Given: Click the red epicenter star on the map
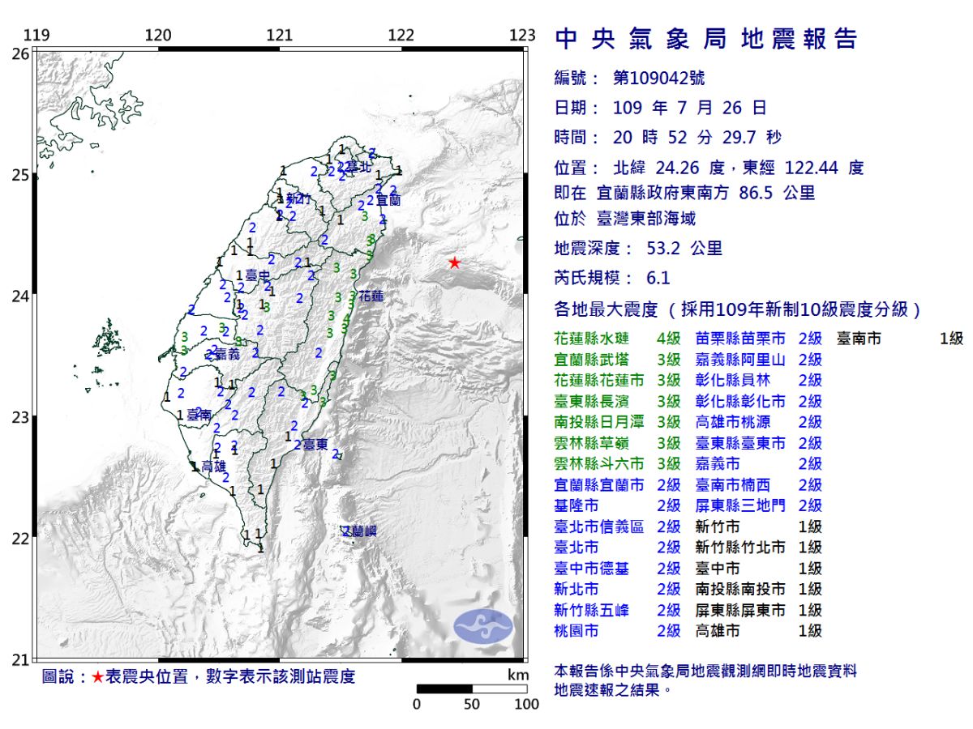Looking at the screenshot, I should [x=455, y=262].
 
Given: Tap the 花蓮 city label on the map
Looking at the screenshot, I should [x=371, y=296].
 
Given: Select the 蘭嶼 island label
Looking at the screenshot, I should [x=360, y=531].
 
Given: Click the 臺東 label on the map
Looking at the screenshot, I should [x=316, y=445].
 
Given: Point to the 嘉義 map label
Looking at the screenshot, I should [x=228, y=354].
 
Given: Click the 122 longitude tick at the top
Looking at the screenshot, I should [x=401, y=36].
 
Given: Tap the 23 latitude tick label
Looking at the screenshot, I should [x=20, y=417].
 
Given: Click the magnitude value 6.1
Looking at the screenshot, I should [x=658, y=278].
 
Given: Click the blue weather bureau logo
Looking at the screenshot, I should [x=483, y=626].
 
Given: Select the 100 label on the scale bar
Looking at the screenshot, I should [x=526, y=704].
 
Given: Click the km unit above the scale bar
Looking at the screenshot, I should [x=517, y=676].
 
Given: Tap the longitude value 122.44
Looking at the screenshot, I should [x=814, y=168].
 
